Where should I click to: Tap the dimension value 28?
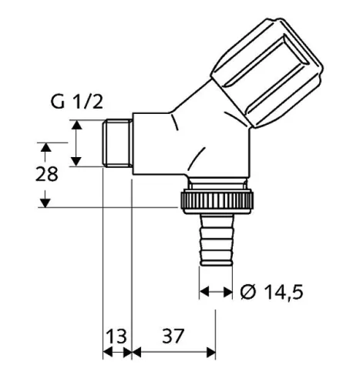(48, 174)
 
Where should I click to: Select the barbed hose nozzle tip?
(214, 243)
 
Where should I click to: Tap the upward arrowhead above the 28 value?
(45, 147)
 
